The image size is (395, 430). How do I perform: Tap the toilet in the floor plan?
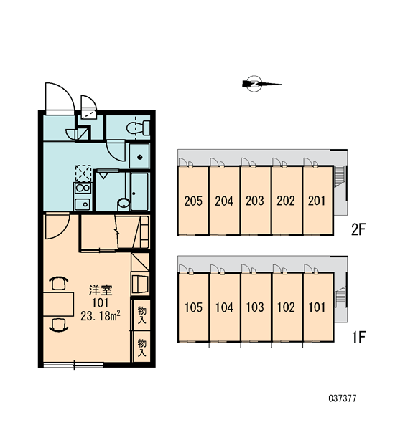point(138,128)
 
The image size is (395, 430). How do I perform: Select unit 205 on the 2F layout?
point(193,201)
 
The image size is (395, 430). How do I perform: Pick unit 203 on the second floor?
point(255,201)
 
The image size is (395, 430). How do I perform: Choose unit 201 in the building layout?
point(317,201)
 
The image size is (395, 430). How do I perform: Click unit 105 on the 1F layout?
point(193,307)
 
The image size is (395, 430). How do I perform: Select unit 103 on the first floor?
point(256,307)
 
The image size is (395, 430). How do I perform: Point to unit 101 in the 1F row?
point(317,307)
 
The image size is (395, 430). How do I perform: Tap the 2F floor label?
point(358,229)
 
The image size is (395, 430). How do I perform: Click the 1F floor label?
point(359,337)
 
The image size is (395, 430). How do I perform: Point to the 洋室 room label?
point(101,290)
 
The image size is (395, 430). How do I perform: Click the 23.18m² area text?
point(101,316)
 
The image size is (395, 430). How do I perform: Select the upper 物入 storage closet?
point(141,315)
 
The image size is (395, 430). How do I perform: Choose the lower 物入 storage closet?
point(141,347)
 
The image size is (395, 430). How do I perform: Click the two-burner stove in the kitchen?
point(83,188)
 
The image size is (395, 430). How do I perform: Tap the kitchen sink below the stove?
point(83,204)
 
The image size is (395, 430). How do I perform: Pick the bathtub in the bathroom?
point(139,191)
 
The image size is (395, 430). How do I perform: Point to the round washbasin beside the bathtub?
point(124,204)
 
